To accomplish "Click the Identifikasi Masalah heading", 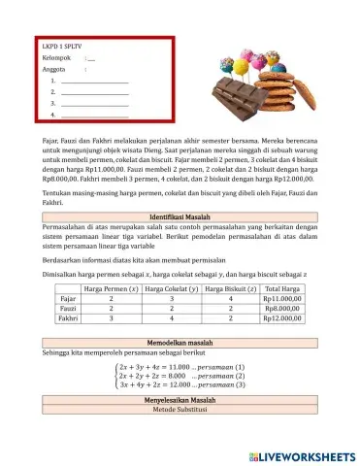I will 182,215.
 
